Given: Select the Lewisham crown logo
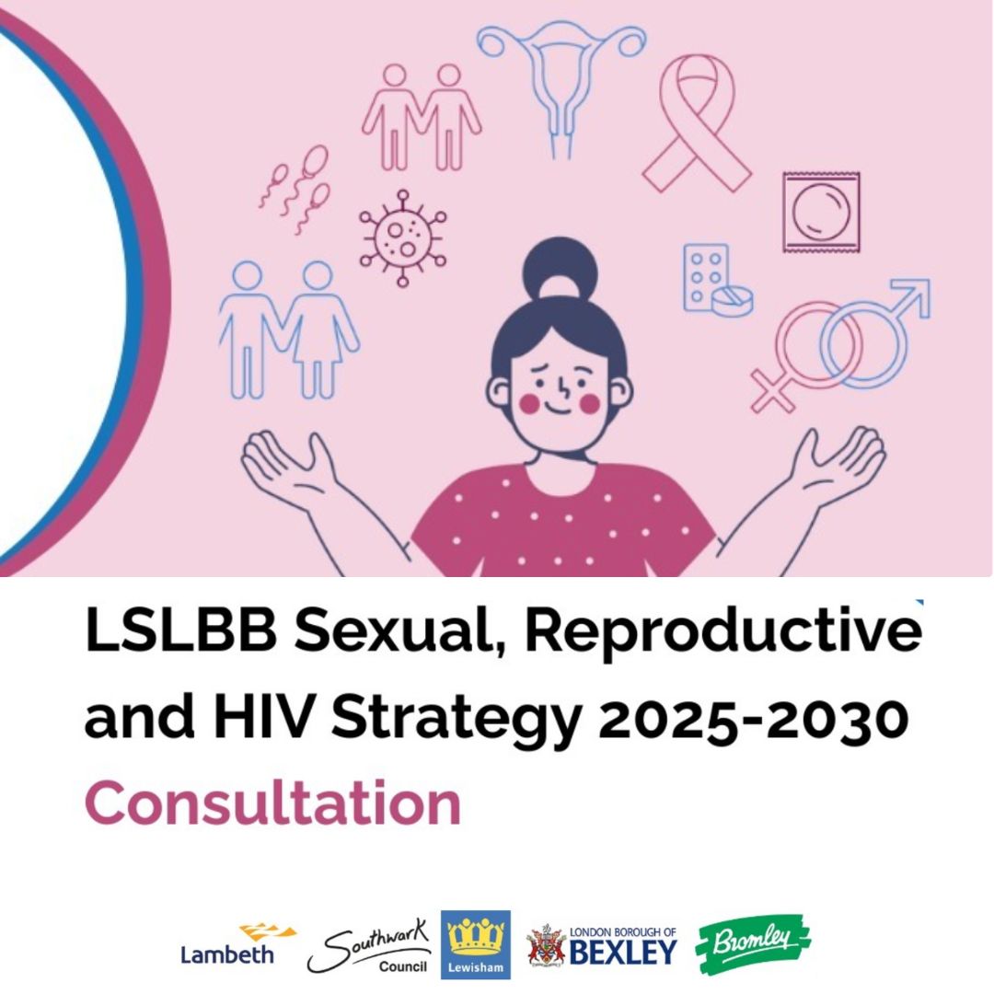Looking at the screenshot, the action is pos(476,944).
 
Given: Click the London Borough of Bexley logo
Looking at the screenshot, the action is pos(602,946).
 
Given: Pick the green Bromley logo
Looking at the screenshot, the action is pos(753,944).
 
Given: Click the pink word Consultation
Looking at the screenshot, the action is pos(272,803).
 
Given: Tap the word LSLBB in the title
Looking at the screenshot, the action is pos(180,631).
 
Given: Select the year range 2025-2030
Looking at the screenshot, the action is pos(753,718).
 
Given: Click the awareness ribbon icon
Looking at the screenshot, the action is pos(698,123).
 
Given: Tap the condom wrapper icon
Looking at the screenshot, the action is pos(821,212).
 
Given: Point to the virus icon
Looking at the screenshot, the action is pos(402,238).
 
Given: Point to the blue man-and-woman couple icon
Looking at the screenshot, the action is pos(289,329).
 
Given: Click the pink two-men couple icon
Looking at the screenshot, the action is pos(422,117).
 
